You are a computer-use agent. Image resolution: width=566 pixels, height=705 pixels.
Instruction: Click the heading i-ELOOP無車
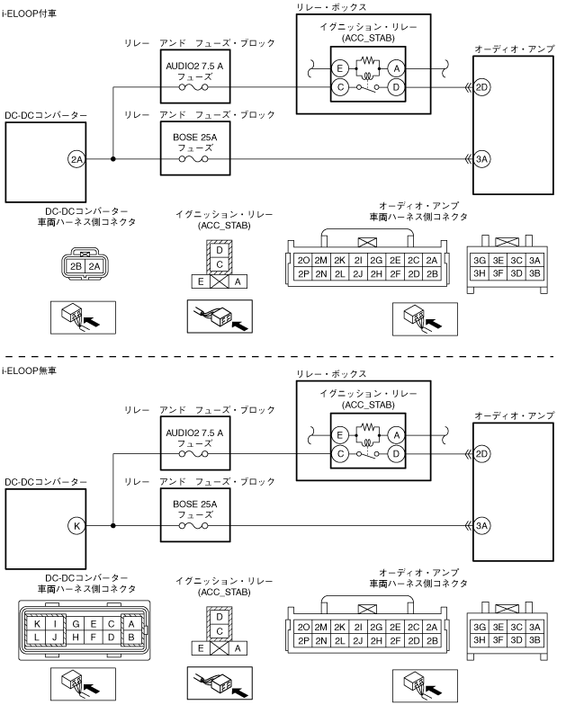[29, 370]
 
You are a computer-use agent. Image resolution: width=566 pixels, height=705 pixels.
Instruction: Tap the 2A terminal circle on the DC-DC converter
[76, 160]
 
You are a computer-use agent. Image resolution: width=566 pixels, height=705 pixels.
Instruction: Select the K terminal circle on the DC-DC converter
[76, 525]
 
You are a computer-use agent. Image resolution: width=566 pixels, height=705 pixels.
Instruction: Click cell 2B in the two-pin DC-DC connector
[76, 267]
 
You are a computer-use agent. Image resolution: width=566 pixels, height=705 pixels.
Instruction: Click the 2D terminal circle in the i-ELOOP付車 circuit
[482, 87]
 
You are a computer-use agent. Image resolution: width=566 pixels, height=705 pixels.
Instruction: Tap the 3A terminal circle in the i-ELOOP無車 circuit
[482, 525]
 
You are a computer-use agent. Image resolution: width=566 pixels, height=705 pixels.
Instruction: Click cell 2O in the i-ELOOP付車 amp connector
[303, 259]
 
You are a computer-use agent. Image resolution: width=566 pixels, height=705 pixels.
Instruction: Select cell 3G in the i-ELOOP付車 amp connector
[480, 259]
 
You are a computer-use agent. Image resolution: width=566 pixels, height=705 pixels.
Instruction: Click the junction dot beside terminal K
[113, 525]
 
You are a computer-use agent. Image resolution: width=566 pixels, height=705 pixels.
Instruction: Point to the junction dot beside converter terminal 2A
[113, 160]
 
